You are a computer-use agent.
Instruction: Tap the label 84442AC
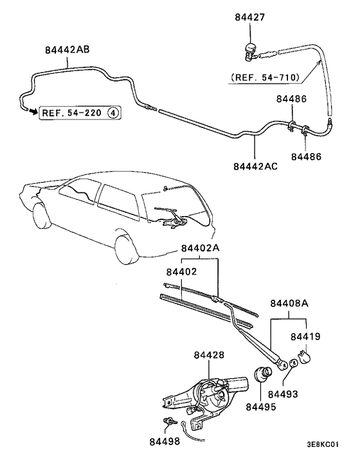click(x=255, y=165)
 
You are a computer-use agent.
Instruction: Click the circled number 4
click(x=113, y=113)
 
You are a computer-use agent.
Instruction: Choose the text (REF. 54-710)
click(x=264, y=78)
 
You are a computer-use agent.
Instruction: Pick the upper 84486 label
click(x=291, y=99)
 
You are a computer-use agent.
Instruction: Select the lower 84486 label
click(x=305, y=156)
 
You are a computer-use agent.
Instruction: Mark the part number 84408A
click(x=289, y=303)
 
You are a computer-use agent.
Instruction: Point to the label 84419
click(x=305, y=336)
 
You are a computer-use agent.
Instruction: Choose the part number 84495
click(x=259, y=406)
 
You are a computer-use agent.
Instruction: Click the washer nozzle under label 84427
click(x=250, y=51)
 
